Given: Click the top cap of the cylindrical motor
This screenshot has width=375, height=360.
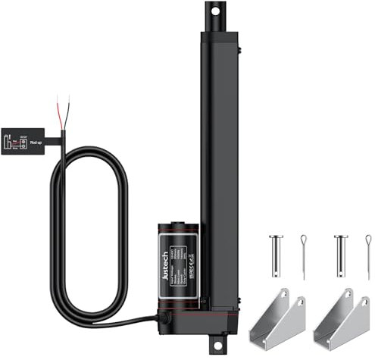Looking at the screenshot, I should (x=177, y=227).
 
